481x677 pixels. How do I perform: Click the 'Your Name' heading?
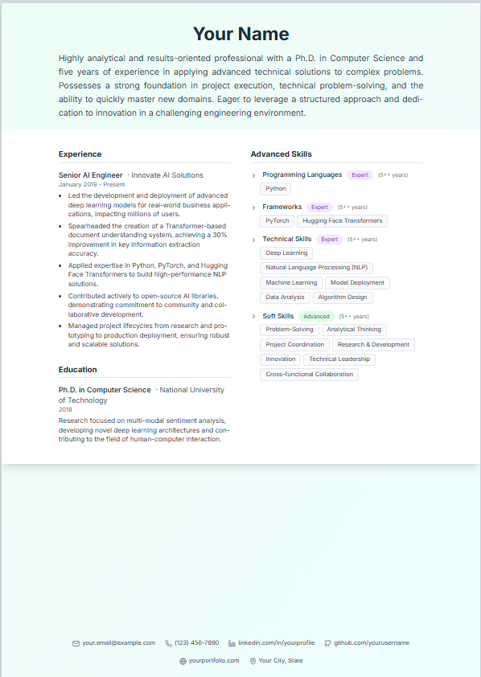(240, 34)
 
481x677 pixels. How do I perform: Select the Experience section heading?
(80, 154)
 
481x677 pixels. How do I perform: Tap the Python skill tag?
(276, 189)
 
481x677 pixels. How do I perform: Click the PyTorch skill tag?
(277, 220)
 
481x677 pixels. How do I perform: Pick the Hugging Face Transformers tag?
(343, 220)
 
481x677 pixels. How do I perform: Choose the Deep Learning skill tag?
(286, 252)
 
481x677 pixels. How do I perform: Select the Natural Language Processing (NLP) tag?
(317, 267)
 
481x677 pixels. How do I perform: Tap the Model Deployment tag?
(357, 282)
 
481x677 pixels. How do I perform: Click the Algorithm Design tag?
(343, 297)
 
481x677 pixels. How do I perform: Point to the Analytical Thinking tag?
(354, 329)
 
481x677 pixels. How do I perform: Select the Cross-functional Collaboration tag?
(309, 374)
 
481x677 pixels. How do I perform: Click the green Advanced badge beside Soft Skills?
(316, 316)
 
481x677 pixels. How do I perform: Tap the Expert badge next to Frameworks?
(319, 207)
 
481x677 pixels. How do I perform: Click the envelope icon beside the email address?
(76, 643)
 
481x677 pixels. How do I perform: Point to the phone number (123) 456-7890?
(196, 643)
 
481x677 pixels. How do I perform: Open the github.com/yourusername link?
(372, 643)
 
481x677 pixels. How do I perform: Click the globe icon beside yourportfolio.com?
(183, 661)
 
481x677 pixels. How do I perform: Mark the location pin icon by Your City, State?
(253, 661)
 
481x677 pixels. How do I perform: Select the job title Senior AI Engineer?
(91, 174)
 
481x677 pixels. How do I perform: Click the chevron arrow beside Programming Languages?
(253, 175)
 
